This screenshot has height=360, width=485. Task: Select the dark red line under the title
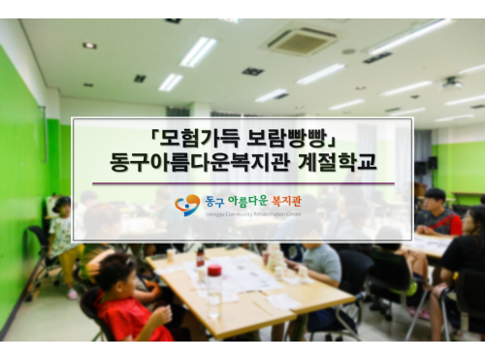pos(242,183)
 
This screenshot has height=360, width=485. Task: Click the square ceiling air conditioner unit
pos(302,41)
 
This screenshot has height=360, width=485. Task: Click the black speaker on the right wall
pos(432,163)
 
